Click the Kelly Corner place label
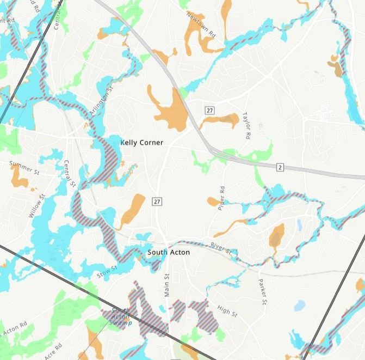coord(141,142)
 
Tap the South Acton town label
coord(169,253)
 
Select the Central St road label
coord(69,173)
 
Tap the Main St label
coord(167,285)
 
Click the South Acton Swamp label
coord(121,317)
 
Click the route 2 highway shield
coord(280,167)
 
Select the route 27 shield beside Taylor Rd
coord(209,110)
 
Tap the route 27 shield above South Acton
coord(157,202)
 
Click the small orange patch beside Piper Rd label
coord(213,202)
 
